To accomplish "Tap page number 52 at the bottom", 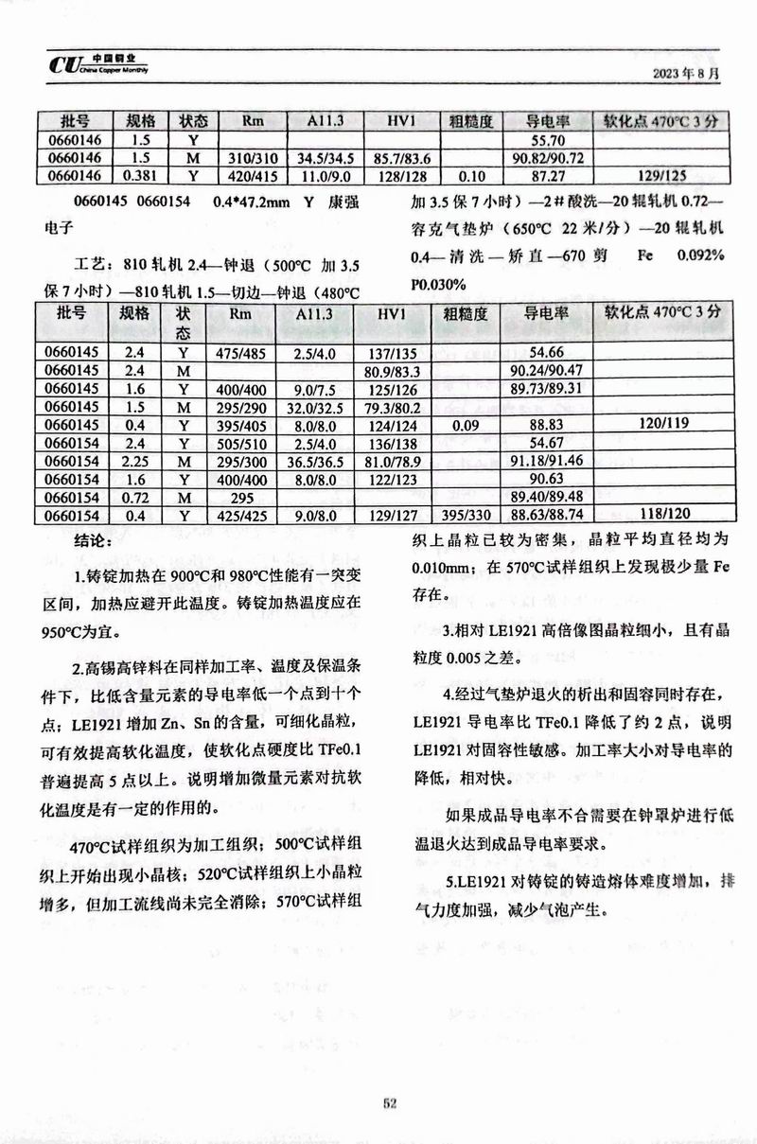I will [x=389, y=1101].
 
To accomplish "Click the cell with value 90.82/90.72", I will [x=546, y=157].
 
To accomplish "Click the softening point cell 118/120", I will [x=661, y=516].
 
